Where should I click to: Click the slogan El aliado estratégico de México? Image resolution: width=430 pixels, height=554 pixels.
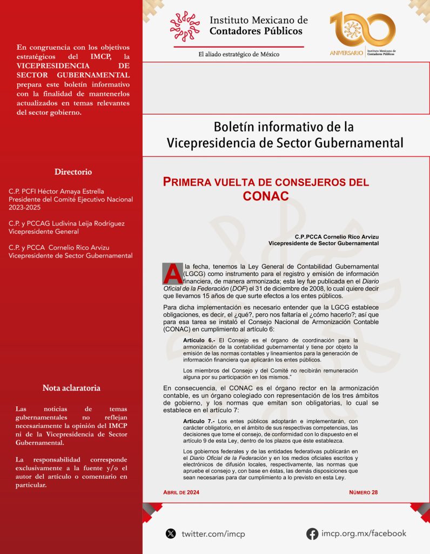click(239, 54)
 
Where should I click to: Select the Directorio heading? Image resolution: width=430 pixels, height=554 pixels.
click(73, 172)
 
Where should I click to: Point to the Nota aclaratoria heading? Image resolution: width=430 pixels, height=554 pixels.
click(71, 388)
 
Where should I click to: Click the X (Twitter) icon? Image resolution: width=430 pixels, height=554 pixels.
click(171, 533)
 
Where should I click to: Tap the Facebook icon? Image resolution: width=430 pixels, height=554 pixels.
click(312, 533)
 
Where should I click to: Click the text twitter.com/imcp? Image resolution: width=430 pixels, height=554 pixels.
click(213, 534)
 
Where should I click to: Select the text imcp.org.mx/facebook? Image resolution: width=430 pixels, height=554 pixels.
click(364, 533)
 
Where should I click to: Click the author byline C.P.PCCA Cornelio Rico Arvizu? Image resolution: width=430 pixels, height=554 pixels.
click(337, 237)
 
